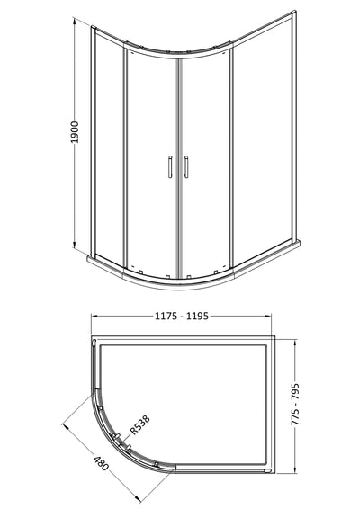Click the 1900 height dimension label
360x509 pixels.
75,132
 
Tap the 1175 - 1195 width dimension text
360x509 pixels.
181,316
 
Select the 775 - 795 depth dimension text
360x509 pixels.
295,405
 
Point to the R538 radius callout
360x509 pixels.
140,424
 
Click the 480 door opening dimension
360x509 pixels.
101,463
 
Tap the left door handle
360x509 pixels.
170,167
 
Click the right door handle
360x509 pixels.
186,167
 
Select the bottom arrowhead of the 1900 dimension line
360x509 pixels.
75,244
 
